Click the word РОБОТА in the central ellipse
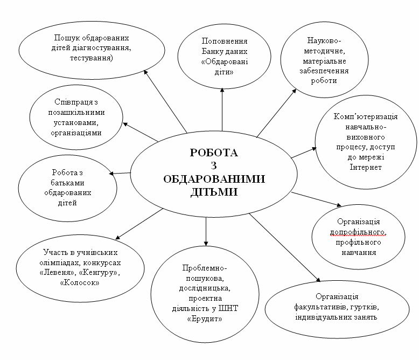tap(214, 153)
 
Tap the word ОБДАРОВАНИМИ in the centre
tap(214, 179)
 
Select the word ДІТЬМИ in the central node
tap(214, 192)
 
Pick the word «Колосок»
tap(80, 283)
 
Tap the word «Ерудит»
tap(205, 319)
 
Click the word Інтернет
tap(366, 167)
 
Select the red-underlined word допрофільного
tap(358, 232)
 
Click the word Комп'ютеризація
tap(366, 116)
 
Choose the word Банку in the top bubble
tap(213, 51)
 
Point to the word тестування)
tap(92, 58)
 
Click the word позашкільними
tap(76, 112)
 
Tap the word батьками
tap(67, 183)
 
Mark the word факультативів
tap(318, 307)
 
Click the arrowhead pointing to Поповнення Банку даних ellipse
tap(222, 91)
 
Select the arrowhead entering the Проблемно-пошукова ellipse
tap(206, 243)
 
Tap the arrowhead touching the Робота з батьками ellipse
tap(111, 174)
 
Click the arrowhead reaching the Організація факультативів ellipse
tap(318, 280)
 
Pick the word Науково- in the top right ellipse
tap(324, 40)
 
